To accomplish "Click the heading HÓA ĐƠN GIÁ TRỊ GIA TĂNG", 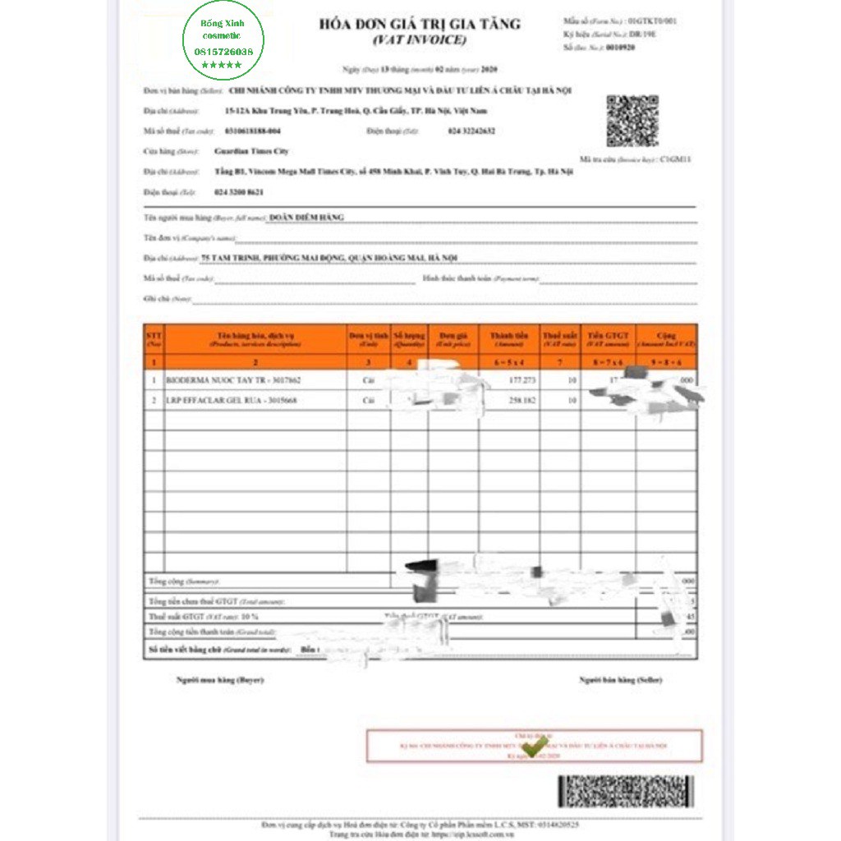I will pos(420,24).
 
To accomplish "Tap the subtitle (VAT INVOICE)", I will pos(419,39).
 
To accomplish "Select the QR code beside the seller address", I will pos(632,121).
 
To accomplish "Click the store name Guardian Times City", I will pos(250,151).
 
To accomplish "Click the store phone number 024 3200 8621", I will pos(239,191).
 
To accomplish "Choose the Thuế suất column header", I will pos(559,339).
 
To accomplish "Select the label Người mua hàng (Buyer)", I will pos(220,680).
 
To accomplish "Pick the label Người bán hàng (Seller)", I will pos(620,680).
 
